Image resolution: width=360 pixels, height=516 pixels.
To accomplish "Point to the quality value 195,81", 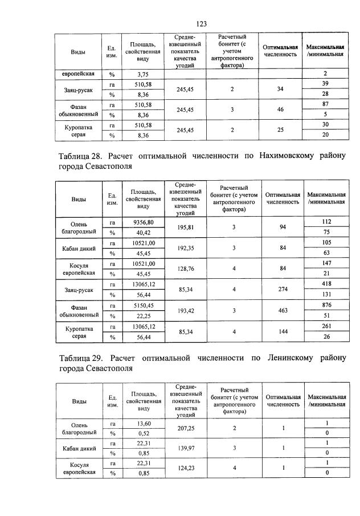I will click(x=186, y=227).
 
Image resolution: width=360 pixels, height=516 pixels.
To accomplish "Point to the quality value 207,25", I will click(x=186, y=428).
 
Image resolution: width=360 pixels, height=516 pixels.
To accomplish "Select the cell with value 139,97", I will click(x=186, y=449).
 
